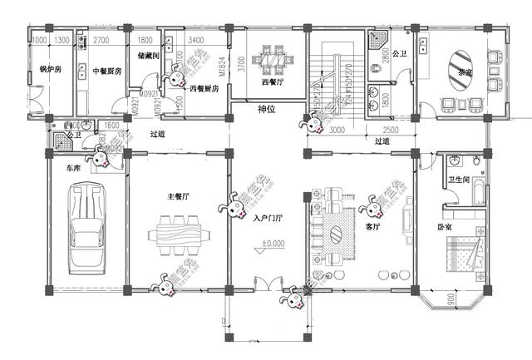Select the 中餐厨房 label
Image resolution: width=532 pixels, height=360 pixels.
[107, 72]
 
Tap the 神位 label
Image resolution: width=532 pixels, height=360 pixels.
[267, 109]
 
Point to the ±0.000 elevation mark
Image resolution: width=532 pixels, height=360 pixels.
[273, 244]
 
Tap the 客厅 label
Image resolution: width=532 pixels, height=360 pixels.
[372, 225]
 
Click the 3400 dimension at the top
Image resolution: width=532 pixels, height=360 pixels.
[197, 40]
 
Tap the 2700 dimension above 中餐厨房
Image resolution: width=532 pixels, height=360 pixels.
[101, 40]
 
